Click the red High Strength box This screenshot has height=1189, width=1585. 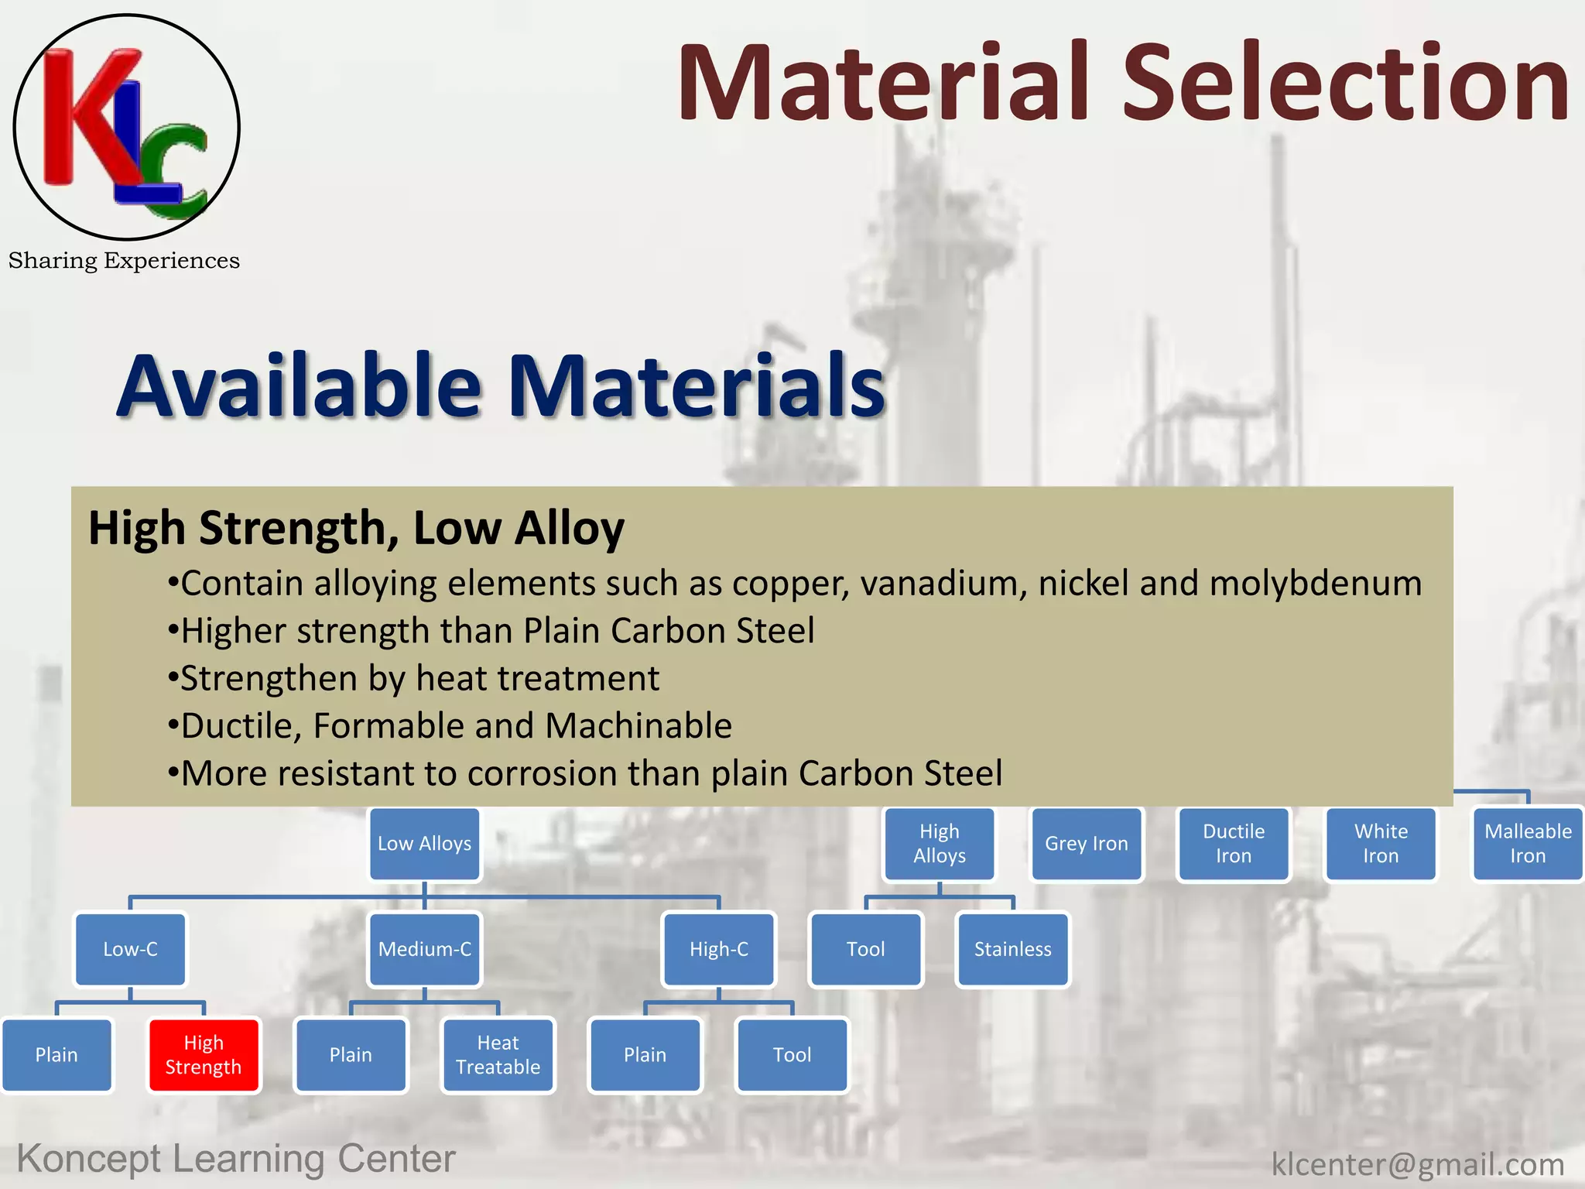[x=204, y=1055]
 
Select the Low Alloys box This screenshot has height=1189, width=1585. [x=425, y=844]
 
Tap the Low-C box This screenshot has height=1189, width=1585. [x=130, y=949]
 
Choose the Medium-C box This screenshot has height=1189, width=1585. [x=425, y=949]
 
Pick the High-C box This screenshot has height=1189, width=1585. [x=719, y=949]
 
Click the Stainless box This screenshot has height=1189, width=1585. [x=1012, y=949]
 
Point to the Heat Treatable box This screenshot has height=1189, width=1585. [x=498, y=1055]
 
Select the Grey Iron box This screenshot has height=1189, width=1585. [x=1087, y=844]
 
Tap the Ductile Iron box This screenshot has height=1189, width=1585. [x=1234, y=844]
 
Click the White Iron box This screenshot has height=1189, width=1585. [x=1381, y=844]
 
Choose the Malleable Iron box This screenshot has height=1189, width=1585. [x=1528, y=844]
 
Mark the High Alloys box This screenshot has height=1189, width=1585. [x=940, y=844]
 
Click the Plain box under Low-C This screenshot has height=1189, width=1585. [x=56, y=1055]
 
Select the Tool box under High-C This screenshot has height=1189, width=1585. [x=792, y=1055]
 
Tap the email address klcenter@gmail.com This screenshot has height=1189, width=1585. [x=1418, y=1164]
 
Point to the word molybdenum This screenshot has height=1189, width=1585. [x=1316, y=584]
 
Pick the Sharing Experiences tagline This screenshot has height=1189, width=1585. [x=124, y=261]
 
